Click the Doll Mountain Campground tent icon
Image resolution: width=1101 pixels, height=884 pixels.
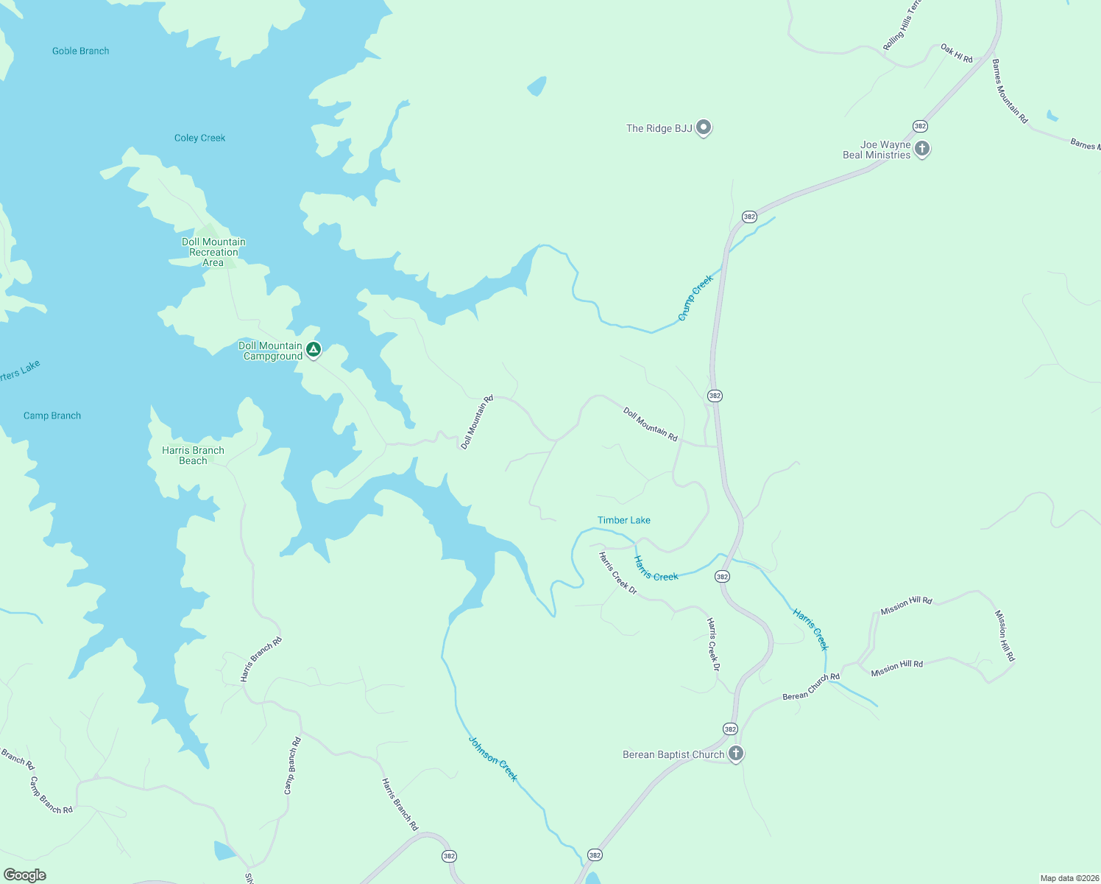click(x=314, y=349)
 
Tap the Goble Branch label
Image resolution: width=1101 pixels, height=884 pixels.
click(x=81, y=51)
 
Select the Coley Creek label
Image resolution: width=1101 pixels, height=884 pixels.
click(x=199, y=138)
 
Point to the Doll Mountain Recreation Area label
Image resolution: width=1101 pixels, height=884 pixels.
click(x=213, y=252)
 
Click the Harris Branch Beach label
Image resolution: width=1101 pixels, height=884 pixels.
click(x=193, y=455)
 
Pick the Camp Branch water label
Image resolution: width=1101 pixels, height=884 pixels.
click(x=52, y=415)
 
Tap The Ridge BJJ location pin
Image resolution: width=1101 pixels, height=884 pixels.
click(x=704, y=127)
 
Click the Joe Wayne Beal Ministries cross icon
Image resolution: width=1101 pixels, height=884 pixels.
click(x=921, y=148)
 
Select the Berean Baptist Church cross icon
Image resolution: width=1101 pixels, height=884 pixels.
click(x=735, y=753)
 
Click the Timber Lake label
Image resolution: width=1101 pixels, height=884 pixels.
click(x=624, y=520)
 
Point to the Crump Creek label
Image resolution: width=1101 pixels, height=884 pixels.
click(x=695, y=298)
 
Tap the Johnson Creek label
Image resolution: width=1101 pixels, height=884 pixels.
click(x=493, y=759)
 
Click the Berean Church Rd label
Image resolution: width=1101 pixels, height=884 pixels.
click(x=811, y=687)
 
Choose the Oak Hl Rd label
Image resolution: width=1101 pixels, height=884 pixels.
click(x=957, y=53)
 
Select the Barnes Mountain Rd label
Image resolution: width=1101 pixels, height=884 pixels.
click(x=1009, y=91)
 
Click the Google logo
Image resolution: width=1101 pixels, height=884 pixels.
click(x=25, y=875)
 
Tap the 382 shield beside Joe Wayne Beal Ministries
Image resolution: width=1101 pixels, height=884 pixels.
click(x=920, y=126)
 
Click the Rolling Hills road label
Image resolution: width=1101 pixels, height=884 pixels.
click(x=902, y=26)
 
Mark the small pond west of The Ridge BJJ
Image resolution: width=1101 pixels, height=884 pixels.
click(x=537, y=87)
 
